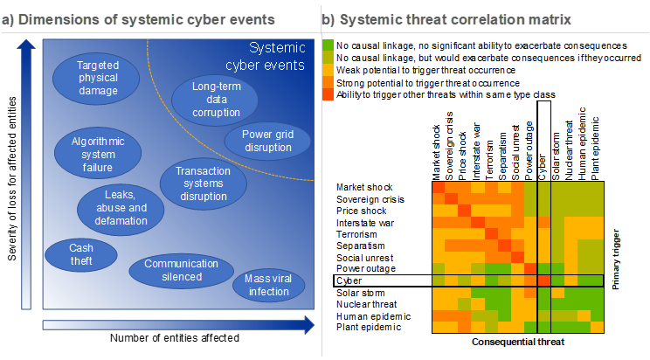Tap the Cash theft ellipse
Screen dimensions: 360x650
coord(81,254)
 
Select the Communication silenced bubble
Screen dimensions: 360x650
coord(181,269)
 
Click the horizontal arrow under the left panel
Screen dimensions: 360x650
coord(175,326)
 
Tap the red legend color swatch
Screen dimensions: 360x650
coord(328,93)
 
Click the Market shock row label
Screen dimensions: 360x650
coord(364,187)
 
